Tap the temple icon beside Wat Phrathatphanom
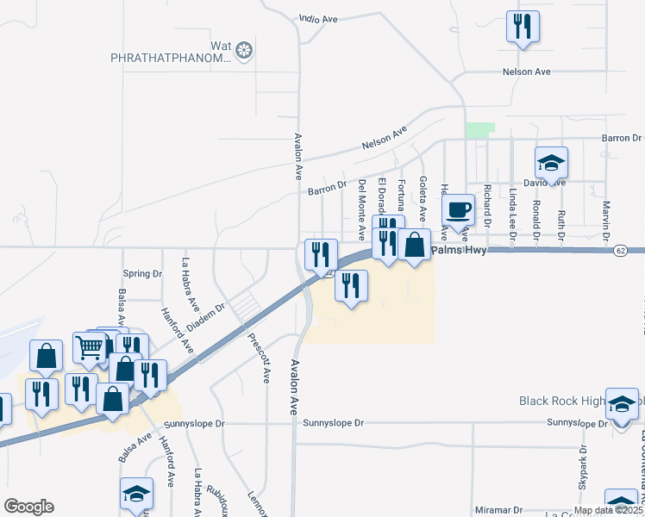pyautogui.click(x=245, y=51)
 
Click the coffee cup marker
pyautogui.click(x=459, y=209)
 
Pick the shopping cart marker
pyautogui.click(x=90, y=347)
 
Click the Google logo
pyautogui.click(x=28, y=506)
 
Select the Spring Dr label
pyautogui.click(x=143, y=274)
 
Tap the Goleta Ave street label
pyautogui.click(x=423, y=197)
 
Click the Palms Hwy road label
pyautogui.click(x=460, y=250)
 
